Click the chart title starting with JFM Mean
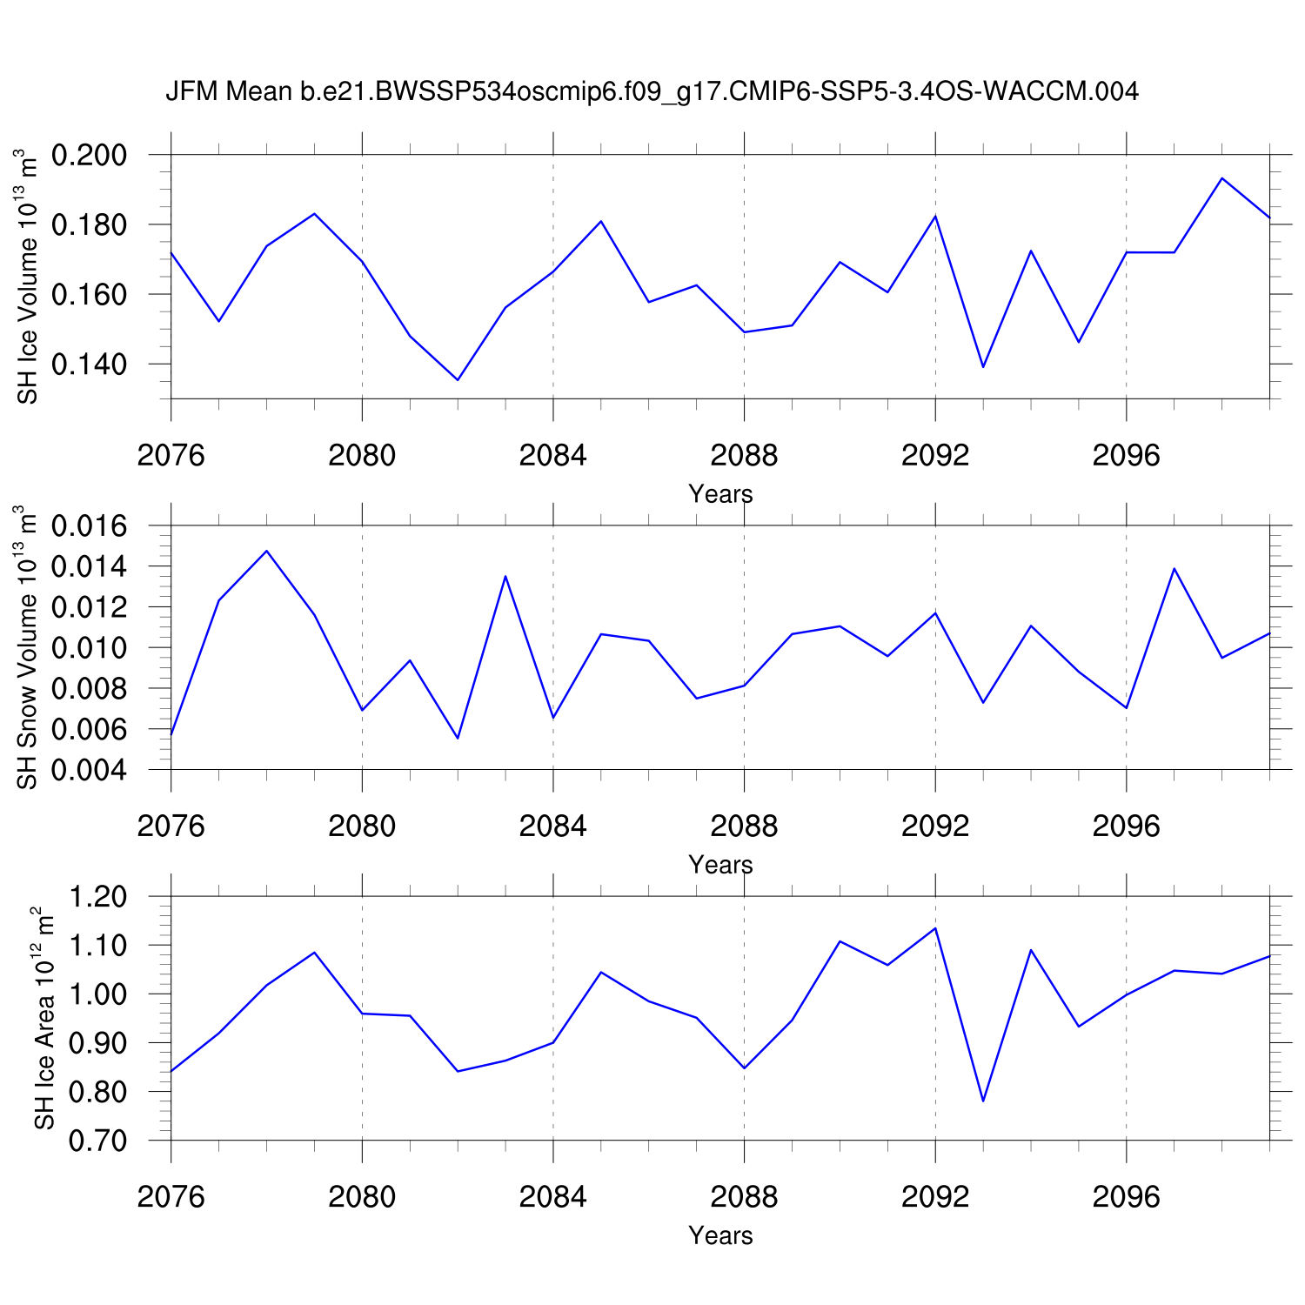coord(652,91)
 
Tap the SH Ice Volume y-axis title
coord(28,278)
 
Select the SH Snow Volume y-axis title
coord(28,648)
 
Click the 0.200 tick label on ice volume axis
coord(90,156)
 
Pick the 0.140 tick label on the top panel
coord(90,365)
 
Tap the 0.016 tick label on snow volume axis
coord(90,526)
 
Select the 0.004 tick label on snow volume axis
coord(90,771)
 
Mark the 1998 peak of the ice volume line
coord(1222,178)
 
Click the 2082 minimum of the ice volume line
coord(458,379)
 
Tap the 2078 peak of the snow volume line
coord(267,551)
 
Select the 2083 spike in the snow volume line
coord(505,576)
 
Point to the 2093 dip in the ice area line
coord(983,1101)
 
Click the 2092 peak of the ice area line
coord(935,928)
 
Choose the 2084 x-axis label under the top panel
coord(553,455)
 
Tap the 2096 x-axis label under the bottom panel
coord(1127,1197)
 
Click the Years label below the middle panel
coord(720,865)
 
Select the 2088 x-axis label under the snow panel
coord(744,826)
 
